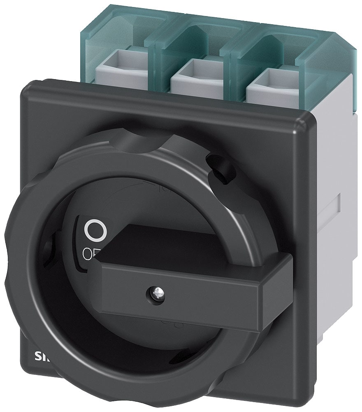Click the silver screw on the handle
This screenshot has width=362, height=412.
(x=152, y=293)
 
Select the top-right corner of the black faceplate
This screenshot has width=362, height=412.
(x=306, y=119)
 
